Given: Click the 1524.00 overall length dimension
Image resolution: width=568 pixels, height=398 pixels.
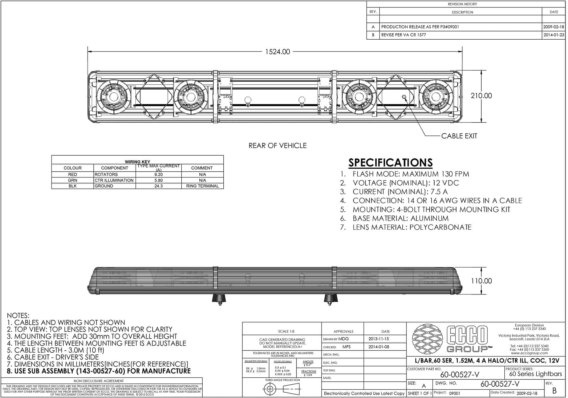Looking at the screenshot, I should (x=277, y=52).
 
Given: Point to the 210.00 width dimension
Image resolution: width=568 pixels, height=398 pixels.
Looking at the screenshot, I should (x=481, y=96).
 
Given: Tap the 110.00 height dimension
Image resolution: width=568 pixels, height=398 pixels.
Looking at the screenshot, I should (x=481, y=281).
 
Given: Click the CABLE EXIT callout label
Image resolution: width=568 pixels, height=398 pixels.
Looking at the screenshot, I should (x=459, y=136).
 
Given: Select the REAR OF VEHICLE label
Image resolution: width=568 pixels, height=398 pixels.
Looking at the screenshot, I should (x=277, y=146).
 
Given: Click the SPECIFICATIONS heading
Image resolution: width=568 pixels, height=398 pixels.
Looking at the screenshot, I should (x=390, y=163).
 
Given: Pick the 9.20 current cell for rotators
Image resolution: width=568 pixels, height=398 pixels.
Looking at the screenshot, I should (x=159, y=175).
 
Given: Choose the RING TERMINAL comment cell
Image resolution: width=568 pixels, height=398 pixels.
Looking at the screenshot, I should (x=202, y=186).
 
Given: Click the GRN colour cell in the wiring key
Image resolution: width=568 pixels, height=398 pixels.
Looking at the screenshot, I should (x=72, y=180).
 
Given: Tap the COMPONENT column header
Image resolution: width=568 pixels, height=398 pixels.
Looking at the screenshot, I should (x=114, y=168).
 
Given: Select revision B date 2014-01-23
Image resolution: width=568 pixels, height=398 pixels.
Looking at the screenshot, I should (x=554, y=35).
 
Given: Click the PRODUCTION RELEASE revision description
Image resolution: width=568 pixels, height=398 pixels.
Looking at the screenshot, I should (x=420, y=27).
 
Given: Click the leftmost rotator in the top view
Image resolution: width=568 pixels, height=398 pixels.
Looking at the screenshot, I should (x=114, y=96).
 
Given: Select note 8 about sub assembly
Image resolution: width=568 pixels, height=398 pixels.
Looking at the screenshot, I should (x=99, y=371).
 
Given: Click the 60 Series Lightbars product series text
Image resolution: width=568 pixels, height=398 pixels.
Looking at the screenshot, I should (x=535, y=374).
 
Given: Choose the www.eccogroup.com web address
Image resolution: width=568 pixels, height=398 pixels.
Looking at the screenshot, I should (x=529, y=353).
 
